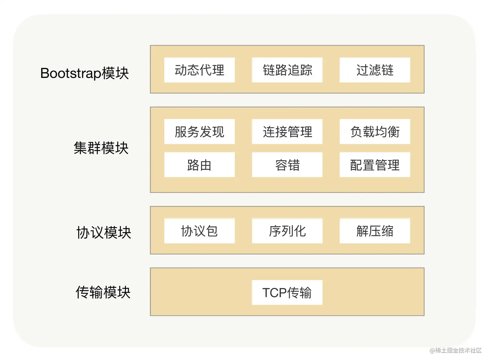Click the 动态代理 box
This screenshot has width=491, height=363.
click(199, 70)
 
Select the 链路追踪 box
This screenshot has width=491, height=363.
click(287, 70)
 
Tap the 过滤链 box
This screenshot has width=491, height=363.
click(375, 70)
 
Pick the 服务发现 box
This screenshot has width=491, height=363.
click(199, 132)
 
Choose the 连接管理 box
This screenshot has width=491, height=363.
click(287, 132)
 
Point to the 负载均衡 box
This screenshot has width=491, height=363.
click(375, 132)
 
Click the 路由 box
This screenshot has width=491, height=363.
click(199, 165)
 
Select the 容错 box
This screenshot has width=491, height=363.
click(287, 165)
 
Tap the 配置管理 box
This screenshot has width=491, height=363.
click(375, 165)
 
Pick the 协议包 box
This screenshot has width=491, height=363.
click(199, 231)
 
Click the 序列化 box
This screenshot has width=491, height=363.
click(287, 231)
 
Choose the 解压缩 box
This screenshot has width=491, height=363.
click(375, 231)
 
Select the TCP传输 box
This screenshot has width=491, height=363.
click(287, 292)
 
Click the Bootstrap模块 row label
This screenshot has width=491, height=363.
click(84, 73)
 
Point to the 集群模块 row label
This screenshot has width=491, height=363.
click(101, 148)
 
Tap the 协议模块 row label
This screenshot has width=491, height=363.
click(104, 233)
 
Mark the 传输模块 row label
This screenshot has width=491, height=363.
click(103, 292)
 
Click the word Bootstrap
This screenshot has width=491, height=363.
click(70, 73)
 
